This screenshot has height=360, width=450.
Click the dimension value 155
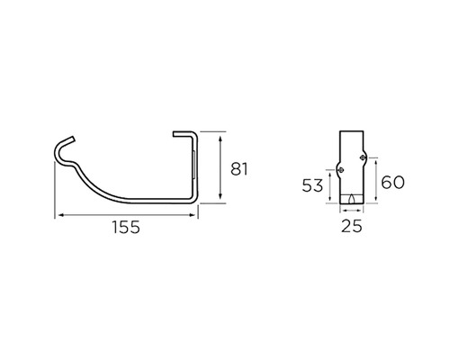point(126,227)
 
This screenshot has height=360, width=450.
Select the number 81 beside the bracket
point(239,169)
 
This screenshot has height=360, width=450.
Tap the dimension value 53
point(312,185)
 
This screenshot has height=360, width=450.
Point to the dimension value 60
point(392,182)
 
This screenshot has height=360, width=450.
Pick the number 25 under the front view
point(352,226)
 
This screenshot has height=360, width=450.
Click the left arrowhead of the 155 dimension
point(60,215)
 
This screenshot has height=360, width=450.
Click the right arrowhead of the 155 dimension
point(193,215)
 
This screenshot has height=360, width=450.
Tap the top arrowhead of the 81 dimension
point(220,139)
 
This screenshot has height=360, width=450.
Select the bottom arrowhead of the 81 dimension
point(220,196)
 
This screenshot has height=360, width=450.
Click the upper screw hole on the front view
point(363,157)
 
